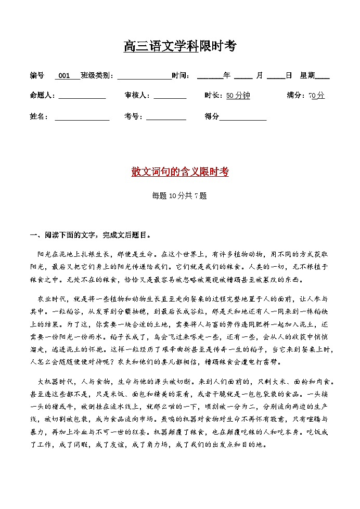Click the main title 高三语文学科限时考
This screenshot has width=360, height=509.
(179, 46)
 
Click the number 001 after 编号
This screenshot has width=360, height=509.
(65, 76)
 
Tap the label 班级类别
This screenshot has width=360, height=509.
(96, 76)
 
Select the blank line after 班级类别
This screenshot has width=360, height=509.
(144, 76)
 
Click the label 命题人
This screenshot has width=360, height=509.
(43, 96)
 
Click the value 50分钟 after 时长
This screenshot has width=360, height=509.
(238, 96)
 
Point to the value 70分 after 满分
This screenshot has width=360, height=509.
(316, 96)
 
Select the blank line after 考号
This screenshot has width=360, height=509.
(166, 117)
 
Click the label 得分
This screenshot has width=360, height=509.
(212, 117)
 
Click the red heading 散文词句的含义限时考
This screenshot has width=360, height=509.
(179, 173)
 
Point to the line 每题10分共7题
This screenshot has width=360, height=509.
(179, 196)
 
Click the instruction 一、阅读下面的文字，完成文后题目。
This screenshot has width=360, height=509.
(91, 235)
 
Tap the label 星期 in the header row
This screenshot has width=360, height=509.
(307, 76)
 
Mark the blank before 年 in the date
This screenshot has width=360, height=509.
(210, 76)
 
